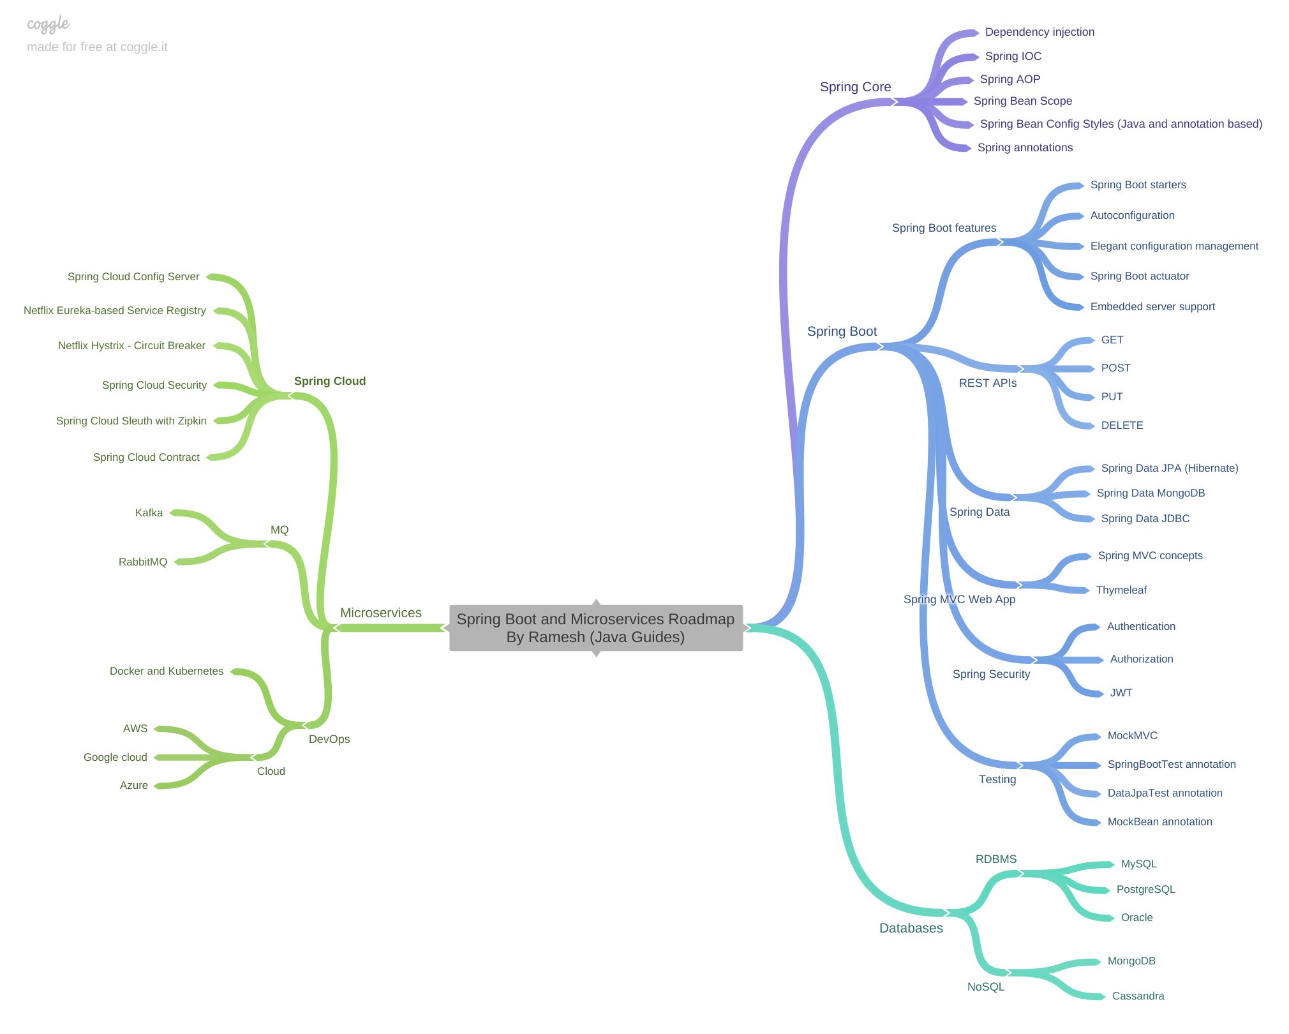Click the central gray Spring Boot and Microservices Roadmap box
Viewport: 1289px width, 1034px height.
(x=596, y=628)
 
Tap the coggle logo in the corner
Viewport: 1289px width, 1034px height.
(x=48, y=24)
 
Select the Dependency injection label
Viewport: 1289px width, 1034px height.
(x=1039, y=32)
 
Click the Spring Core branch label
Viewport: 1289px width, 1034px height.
(x=855, y=87)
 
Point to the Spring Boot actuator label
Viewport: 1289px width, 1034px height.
(x=1140, y=276)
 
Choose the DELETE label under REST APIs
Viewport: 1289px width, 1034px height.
(x=1122, y=425)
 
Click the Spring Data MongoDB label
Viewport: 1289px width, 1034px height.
(x=1151, y=493)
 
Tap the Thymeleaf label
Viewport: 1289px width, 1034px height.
(x=1121, y=590)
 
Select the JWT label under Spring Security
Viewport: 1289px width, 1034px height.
(x=1121, y=693)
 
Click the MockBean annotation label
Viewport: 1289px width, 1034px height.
(x=1159, y=821)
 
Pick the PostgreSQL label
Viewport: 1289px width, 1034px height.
(x=1145, y=889)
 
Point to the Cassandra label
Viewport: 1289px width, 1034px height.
(x=1138, y=996)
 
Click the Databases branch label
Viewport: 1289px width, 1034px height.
(x=911, y=928)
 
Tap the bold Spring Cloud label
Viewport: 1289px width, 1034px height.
(x=330, y=381)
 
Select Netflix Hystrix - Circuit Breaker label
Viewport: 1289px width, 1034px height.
(x=131, y=345)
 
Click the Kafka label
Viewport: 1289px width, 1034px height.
(x=149, y=513)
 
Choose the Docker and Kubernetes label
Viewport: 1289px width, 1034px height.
(x=167, y=671)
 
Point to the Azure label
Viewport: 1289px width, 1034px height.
(x=134, y=785)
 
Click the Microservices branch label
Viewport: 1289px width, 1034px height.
(x=381, y=613)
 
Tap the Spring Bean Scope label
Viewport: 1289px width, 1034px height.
(x=1022, y=101)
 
